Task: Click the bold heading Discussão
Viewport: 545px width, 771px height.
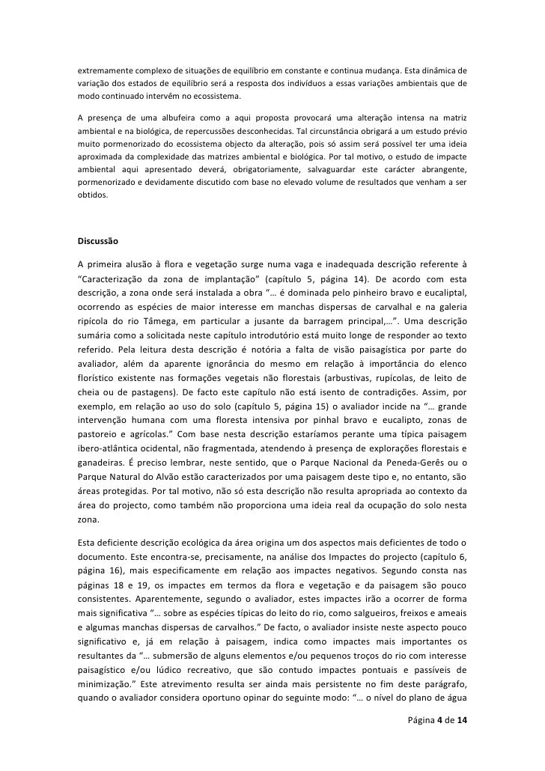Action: pos(103,242)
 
